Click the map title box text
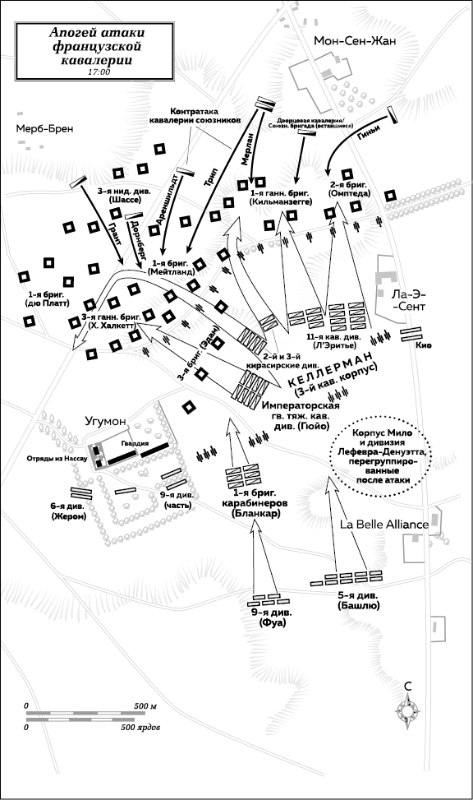coord(97,46)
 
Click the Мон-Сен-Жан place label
coord(355,41)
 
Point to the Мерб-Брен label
coord(44,128)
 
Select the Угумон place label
coord(105,422)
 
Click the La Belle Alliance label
coord(384,525)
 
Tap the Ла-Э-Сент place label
coord(408,300)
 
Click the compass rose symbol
coord(408,710)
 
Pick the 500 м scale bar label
coord(145,706)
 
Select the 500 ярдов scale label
coord(140,727)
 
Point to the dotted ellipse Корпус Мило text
coord(381,456)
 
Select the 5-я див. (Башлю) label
coord(358,600)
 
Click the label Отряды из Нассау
coord(57,459)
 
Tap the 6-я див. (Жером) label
coord(69,511)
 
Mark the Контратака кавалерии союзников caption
coord(194,116)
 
